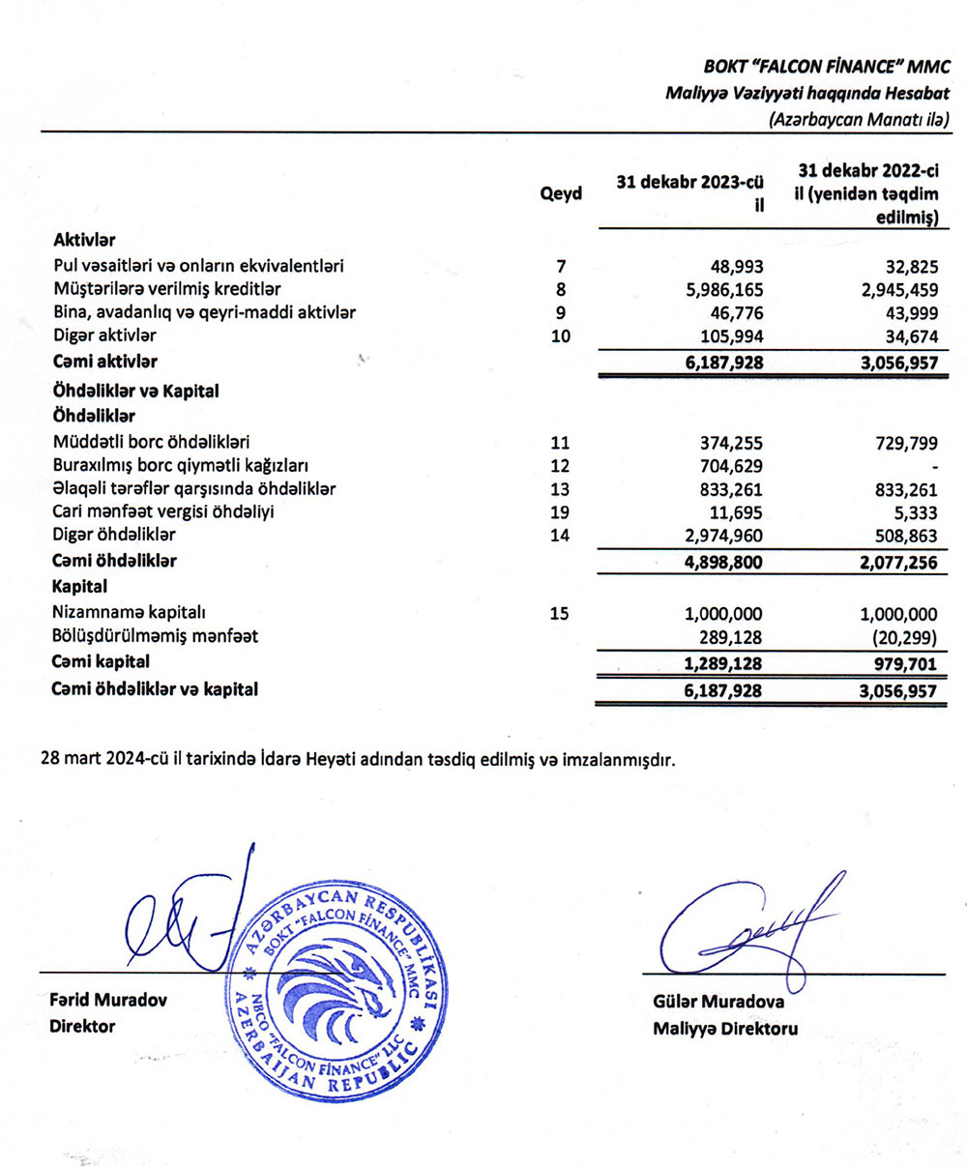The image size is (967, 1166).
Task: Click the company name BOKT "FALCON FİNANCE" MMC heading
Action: tap(826, 68)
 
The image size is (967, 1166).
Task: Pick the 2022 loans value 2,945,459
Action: tap(892, 288)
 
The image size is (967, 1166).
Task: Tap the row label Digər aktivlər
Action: tap(104, 335)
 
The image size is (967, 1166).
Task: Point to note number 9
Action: tap(560, 311)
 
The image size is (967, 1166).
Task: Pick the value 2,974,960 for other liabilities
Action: tap(717, 536)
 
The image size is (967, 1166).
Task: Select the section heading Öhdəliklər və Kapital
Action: tap(136, 392)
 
